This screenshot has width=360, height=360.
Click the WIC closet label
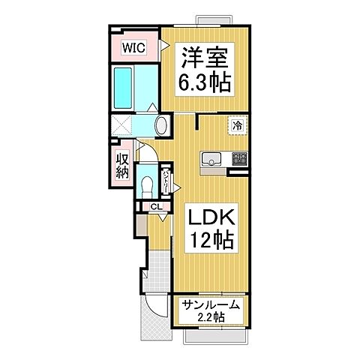click(x=135, y=47)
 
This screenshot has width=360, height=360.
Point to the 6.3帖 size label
click(x=204, y=81)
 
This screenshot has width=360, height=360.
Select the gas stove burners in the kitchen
click(x=240, y=158)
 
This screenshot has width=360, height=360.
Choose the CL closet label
click(x=155, y=208)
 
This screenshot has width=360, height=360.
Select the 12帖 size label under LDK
click(x=211, y=241)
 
